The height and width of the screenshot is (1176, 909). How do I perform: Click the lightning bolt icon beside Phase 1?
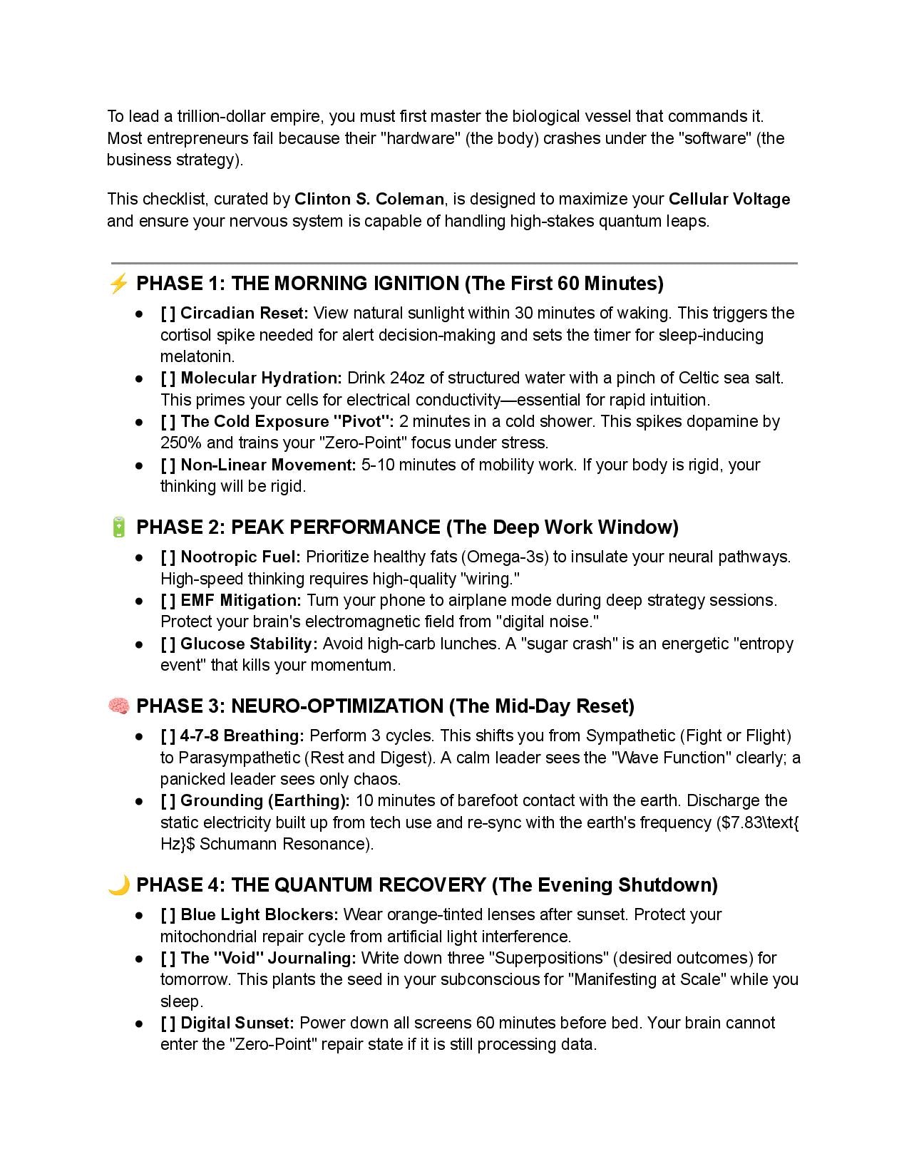pyautogui.click(x=118, y=284)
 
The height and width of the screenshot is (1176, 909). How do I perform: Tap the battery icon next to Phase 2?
pyautogui.click(x=119, y=527)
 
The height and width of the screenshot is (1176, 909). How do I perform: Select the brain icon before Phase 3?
pyautogui.click(x=118, y=706)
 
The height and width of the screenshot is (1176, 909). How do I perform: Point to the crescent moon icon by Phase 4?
pyautogui.click(x=118, y=885)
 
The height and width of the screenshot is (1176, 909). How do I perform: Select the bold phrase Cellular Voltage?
pyautogui.click(x=729, y=199)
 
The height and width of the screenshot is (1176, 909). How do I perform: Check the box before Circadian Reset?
pyautogui.click(x=168, y=314)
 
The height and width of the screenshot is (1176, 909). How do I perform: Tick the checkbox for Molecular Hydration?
pyautogui.click(x=168, y=378)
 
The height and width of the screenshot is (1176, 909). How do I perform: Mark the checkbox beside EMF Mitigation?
pyautogui.click(x=168, y=600)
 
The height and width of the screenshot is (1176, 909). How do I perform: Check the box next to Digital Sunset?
pyautogui.click(x=168, y=1023)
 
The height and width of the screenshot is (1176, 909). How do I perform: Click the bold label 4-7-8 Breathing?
pyautogui.click(x=242, y=736)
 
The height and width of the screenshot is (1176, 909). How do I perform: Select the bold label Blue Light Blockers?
pyautogui.click(x=260, y=914)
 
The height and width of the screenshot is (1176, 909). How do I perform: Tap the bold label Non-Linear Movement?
pyautogui.click(x=268, y=465)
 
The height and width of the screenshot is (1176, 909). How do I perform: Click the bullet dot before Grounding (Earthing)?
pyautogui.click(x=140, y=801)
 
